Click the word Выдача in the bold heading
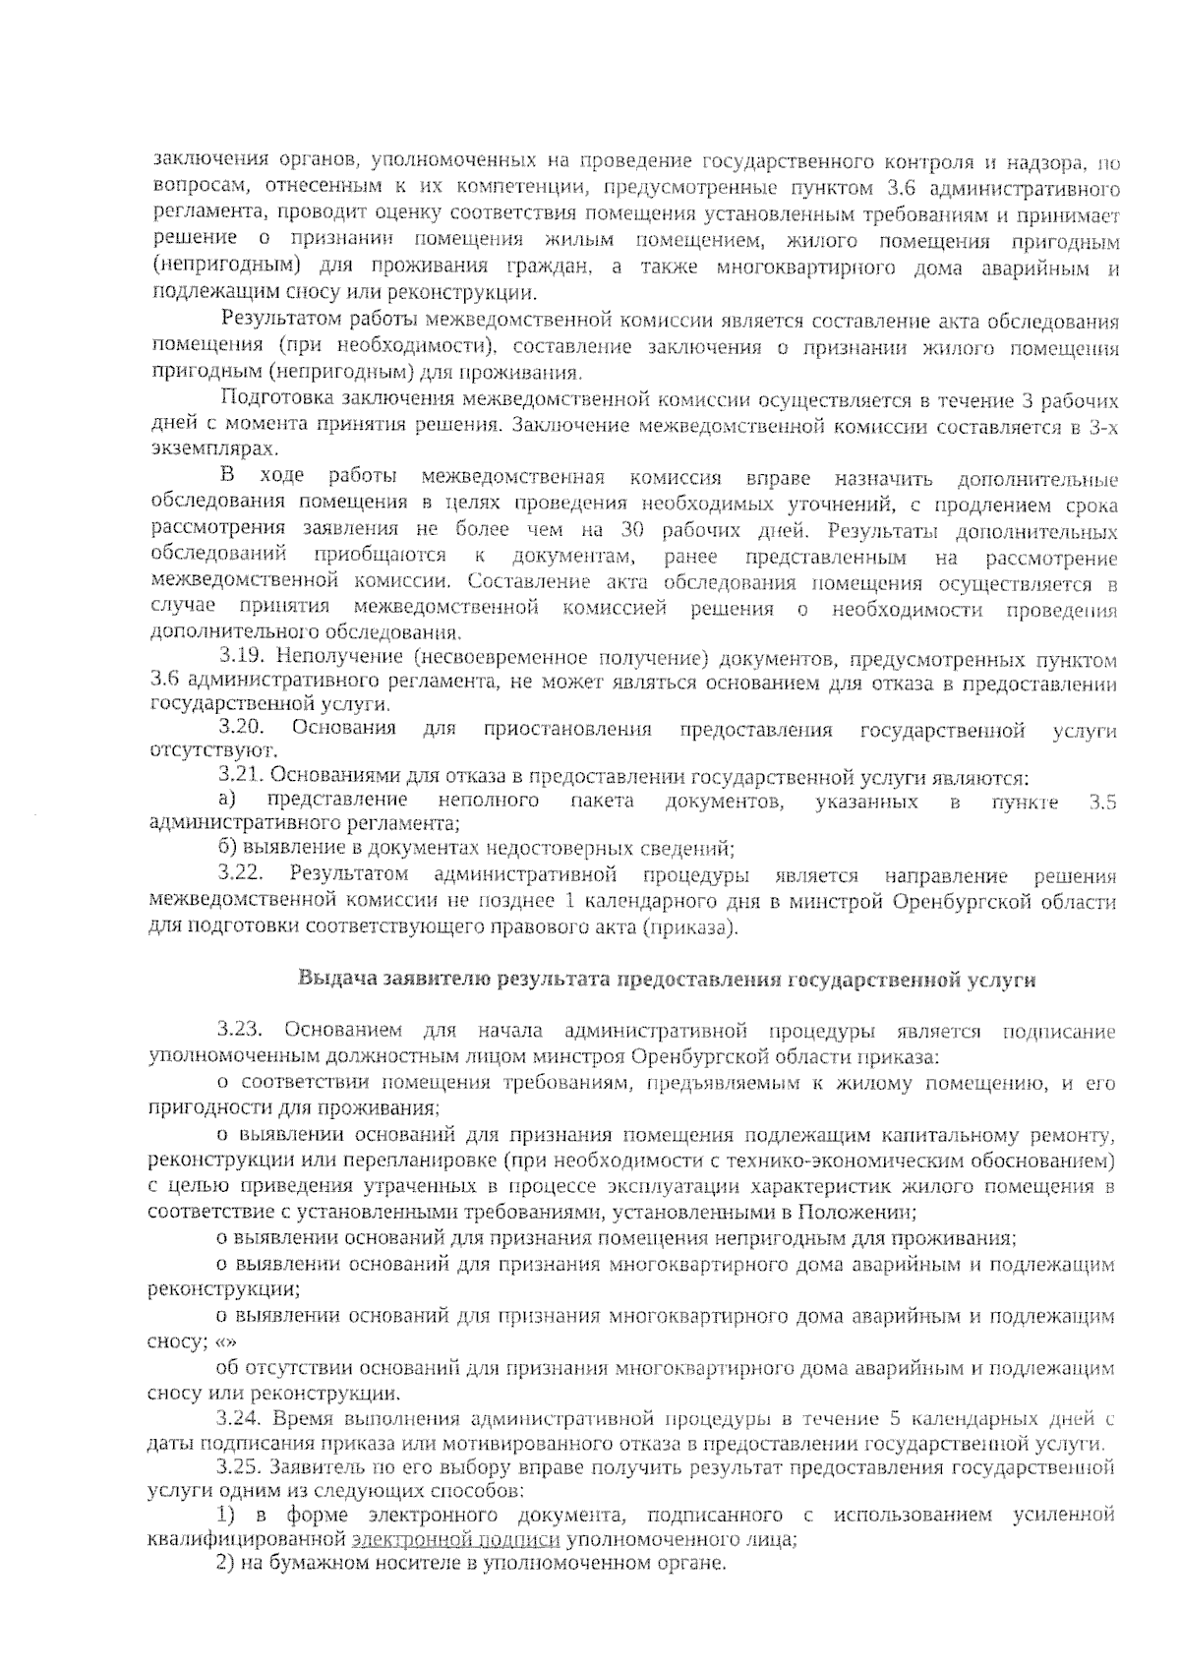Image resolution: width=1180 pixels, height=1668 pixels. coord(329,980)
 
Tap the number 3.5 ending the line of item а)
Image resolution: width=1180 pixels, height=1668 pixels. coord(1103,802)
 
